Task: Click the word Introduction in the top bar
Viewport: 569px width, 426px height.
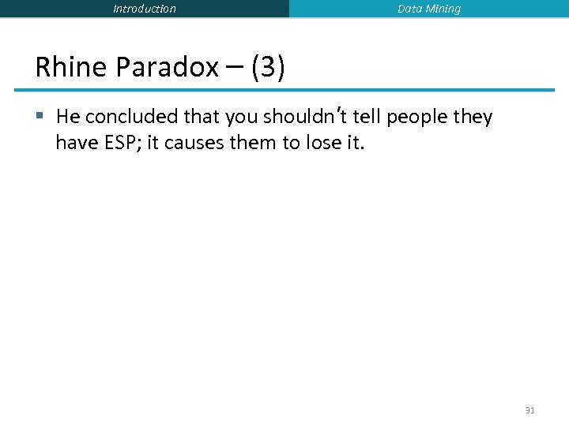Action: (145, 9)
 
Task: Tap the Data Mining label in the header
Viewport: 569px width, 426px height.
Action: (429, 9)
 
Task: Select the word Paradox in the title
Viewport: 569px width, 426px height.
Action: (167, 68)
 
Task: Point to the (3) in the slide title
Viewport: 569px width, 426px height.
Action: (268, 68)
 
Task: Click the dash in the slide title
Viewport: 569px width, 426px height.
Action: (234, 68)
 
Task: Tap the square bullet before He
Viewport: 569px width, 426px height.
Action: (41, 118)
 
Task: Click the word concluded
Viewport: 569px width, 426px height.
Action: (132, 118)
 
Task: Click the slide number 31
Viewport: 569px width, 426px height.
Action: (529, 410)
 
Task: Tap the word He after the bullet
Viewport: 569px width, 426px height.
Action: (69, 118)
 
